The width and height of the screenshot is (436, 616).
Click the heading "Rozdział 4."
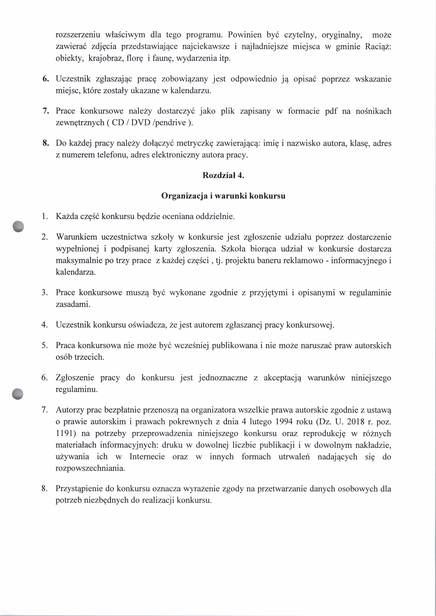tap(223, 175)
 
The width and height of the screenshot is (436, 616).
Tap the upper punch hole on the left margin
tap(18, 226)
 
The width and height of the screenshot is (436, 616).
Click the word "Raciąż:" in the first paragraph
tap(378, 47)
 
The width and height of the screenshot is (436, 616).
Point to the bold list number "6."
tap(46, 79)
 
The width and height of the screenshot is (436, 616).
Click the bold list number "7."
tap(46, 111)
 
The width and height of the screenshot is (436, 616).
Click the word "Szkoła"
tap(233, 249)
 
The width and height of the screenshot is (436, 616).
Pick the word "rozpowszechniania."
tap(90, 468)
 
